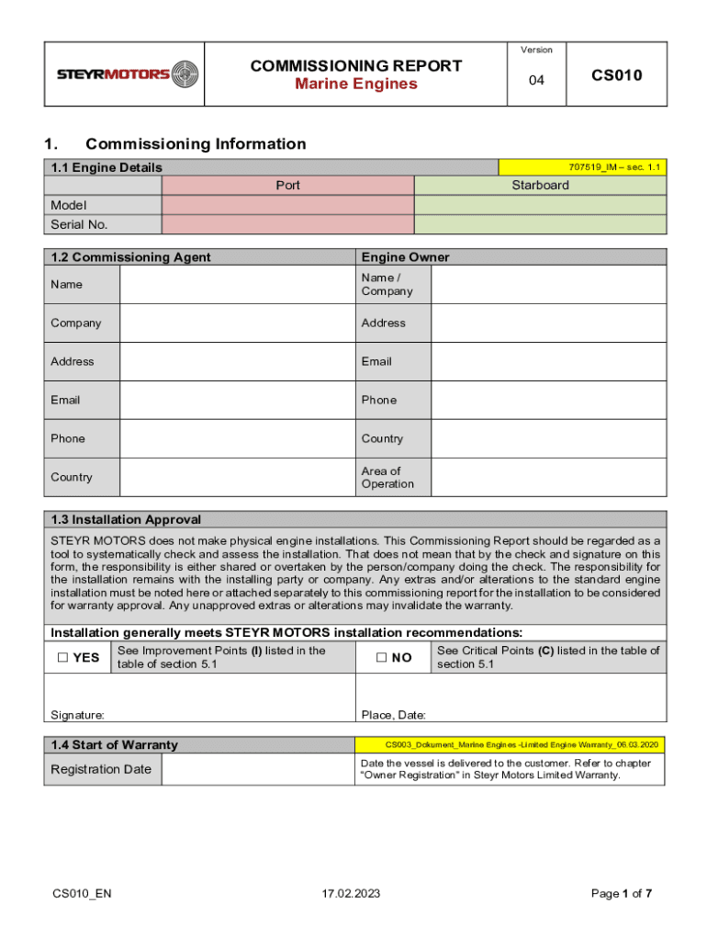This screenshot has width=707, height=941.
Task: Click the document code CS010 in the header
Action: point(615,74)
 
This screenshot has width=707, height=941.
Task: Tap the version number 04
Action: point(536,81)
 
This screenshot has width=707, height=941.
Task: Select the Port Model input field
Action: point(287,205)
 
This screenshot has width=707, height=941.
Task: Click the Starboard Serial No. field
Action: point(540,224)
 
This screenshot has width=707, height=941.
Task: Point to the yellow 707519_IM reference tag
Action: point(582,167)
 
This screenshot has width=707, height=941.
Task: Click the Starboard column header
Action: point(540,186)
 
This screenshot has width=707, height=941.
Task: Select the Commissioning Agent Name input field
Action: point(237,285)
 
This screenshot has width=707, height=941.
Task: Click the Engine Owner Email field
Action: point(548,362)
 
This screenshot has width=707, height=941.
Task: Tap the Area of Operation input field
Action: point(548,478)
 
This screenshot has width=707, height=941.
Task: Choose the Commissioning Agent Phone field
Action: point(237,439)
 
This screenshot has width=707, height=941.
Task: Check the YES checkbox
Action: point(62,658)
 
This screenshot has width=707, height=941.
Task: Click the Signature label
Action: point(77,715)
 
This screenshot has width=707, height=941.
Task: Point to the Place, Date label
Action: point(393,715)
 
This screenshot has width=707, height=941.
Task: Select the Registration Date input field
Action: point(258,769)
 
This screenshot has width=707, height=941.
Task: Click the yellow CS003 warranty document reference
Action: point(511,744)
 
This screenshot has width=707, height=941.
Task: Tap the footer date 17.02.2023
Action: point(351,894)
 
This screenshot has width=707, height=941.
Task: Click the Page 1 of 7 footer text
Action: point(622,894)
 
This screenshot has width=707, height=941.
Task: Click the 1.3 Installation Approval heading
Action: point(126,519)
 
